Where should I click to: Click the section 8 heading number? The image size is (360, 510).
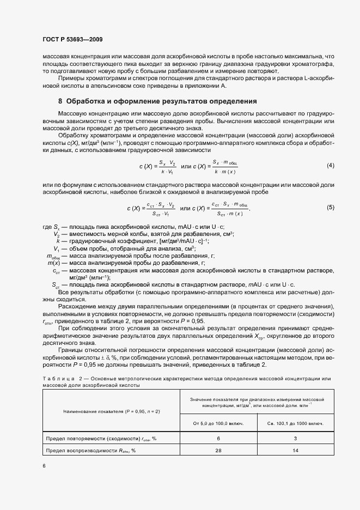(60, 101)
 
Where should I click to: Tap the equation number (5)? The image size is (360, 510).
(330, 208)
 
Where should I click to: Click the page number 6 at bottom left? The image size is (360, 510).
(44, 466)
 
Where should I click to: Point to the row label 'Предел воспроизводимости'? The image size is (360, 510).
(90, 451)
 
